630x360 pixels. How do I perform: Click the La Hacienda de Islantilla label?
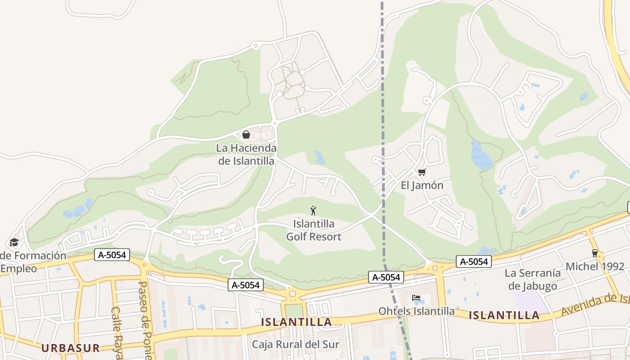point(246,154)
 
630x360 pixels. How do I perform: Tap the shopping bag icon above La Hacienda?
point(246,135)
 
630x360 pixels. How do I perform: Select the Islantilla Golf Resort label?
point(314,230)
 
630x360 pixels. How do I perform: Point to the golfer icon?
point(313,210)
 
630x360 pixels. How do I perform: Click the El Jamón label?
point(422,185)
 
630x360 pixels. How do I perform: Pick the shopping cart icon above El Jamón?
point(422,172)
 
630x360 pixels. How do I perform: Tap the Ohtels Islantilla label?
point(416,311)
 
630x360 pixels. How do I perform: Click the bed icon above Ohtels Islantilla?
point(416,298)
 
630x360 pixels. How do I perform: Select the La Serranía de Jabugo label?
point(533,279)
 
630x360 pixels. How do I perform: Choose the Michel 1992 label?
point(595,266)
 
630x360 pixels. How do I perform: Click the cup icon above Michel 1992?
point(595,253)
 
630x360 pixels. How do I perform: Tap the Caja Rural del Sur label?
point(295,345)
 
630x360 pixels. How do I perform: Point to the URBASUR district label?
point(70,348)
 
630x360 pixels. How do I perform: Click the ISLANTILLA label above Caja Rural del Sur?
point(297,322)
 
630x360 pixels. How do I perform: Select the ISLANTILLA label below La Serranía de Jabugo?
point(504,315)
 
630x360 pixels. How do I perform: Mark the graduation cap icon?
point(14,243)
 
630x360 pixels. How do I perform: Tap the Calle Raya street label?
point(117,333)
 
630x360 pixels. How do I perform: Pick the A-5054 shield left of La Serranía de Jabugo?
point(473,261)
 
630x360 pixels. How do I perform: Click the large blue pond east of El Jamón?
point(481,155)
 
